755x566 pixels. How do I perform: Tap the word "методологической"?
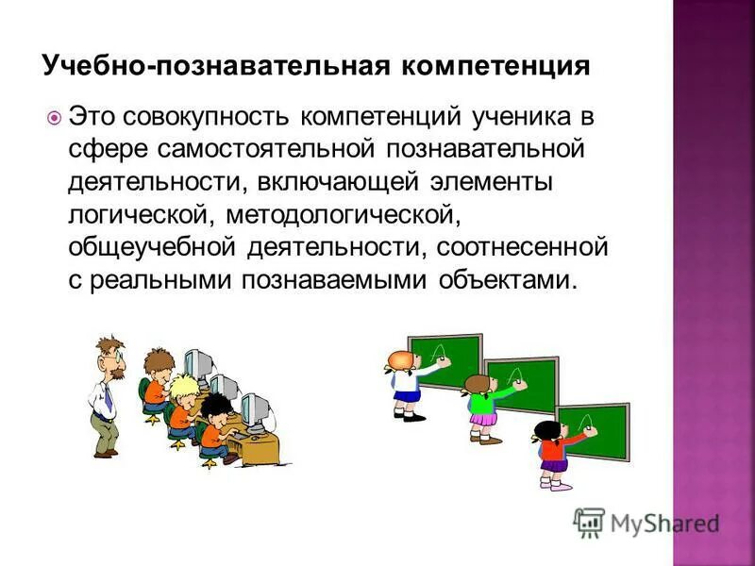pyautogui.click(x=342, y=215)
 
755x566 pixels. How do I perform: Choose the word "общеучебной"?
pyautogui.click(x=154, y=248)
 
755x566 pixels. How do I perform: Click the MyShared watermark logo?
pyautogui.click(x=646, y=522)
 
